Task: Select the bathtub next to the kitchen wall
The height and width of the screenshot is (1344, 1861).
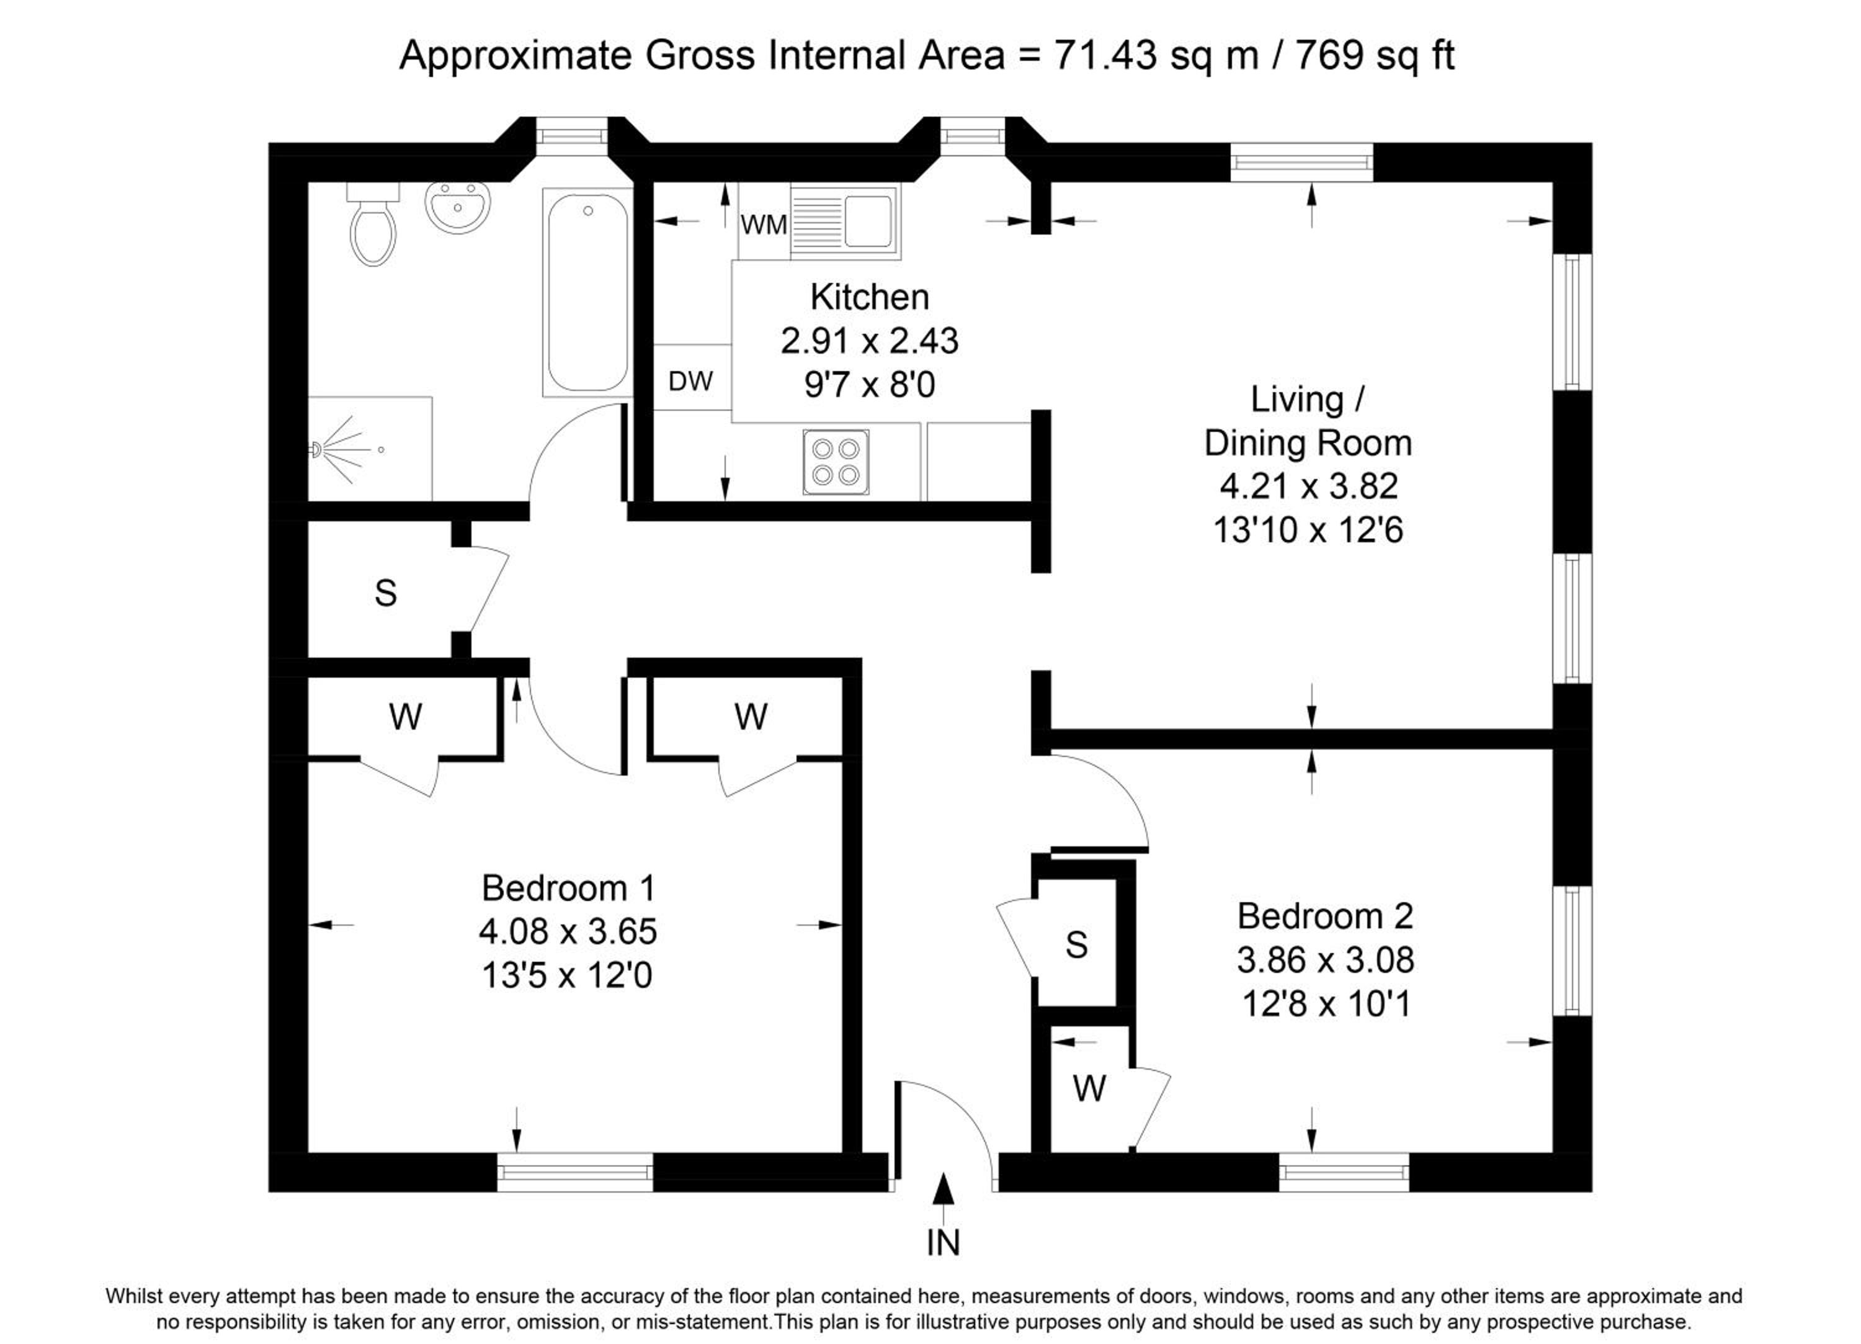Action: pos(587,292)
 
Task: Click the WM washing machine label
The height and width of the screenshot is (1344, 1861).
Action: pos(763,224)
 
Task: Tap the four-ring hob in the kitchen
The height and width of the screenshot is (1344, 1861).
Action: pos(836,462)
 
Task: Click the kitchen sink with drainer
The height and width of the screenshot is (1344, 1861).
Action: pos(844,221)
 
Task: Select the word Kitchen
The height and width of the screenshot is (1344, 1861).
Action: pos(869,297)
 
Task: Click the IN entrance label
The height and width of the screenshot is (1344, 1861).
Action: pos(943,1243)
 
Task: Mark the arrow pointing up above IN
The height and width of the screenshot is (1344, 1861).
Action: pos(944,1199)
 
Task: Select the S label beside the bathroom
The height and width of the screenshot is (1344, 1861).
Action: pos(386,593)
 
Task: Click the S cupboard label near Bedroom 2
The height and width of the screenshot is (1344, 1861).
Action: pos(1076,945)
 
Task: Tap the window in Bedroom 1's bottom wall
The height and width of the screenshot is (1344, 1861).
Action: pos(575,1172)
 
